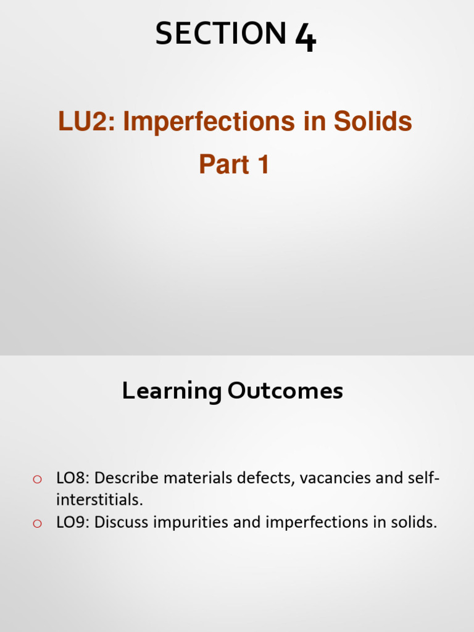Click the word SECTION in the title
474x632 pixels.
point(220,33)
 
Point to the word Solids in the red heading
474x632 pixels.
point(373,122)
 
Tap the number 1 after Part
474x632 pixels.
point(262,165)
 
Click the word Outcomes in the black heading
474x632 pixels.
point(286,391)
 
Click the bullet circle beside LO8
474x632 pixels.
point(37,479)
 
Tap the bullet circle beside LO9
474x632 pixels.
point(37,523)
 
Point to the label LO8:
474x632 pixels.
point(73,478)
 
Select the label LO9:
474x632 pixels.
point(73,523)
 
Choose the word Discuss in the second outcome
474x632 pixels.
point(126,523)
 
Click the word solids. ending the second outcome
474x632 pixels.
point(416,523)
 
